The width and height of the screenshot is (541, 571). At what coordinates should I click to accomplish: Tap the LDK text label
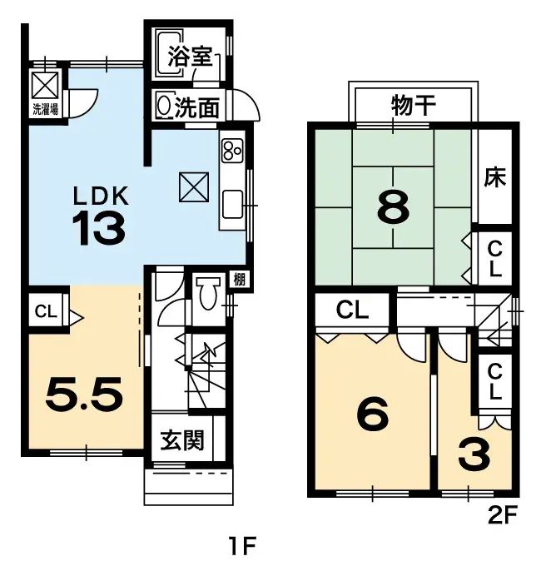pyautogui.click(x=101, y=196)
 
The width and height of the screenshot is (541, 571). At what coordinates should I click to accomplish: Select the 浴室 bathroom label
pyautogui.click(x=189, y=57)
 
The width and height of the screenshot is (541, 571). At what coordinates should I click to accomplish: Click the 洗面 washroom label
pyautogui.click(x=198, y=107)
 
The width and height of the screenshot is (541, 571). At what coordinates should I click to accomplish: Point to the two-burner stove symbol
pyautogui.click(x=231, y=151)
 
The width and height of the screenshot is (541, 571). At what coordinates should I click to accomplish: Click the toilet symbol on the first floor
pyautogui.click(x=207, y=292)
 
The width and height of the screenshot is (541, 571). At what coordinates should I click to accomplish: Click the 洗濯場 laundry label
pyautogui.click(x=45, y=109)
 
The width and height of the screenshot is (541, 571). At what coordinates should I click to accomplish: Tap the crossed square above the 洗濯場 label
pyautogui.click(x=45, y=85)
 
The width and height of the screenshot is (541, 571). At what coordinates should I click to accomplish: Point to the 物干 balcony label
pyautogui.click(x=414, y=105)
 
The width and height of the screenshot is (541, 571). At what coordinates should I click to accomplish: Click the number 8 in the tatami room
pyautogui.click(x=393, y=209)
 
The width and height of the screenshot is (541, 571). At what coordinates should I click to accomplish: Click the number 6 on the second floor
pyautogui.click(x=371, y=415)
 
